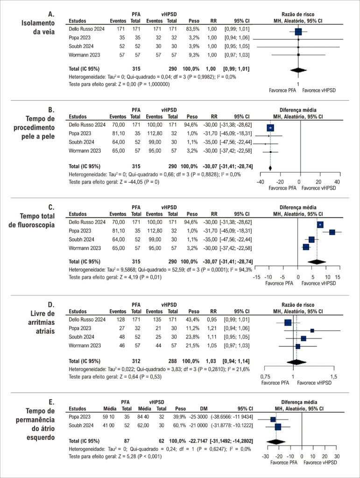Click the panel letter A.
(51, 14)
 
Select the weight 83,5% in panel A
(193, 29)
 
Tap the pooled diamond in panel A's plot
(298, 70)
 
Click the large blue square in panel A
(298, 31)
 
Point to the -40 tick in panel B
(260, 182)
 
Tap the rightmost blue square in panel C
(332, 232)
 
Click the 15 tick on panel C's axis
(338, 277)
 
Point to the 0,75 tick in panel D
(265, 377)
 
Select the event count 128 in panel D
(121, 319)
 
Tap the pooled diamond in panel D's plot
(295, 362)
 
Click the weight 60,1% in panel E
(179, 425)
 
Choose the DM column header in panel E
(204, 408)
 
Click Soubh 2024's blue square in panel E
(278, 427)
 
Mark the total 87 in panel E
(127, 441)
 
